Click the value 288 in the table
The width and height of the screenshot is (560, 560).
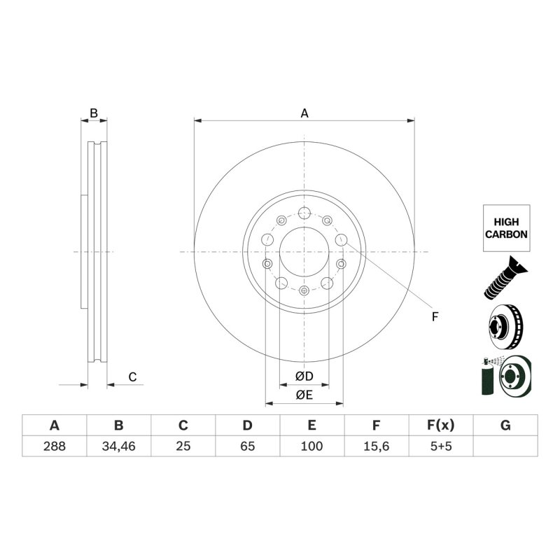[54, 446]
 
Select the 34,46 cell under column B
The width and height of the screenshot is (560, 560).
[118, 446]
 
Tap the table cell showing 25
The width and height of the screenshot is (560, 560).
[183, 446]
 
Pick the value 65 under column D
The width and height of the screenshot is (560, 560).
[247, 446]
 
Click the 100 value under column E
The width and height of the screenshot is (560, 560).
[311, 446]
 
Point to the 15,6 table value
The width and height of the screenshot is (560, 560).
[376, 446]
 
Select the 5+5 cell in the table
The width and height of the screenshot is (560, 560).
[441, 446]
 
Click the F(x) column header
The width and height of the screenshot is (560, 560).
[441, 426]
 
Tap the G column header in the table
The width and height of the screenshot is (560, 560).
[505, 426]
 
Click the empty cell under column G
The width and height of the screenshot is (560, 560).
[505, 446]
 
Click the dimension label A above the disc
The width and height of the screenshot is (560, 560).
[304, 113]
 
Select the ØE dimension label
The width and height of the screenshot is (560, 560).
[304, 395]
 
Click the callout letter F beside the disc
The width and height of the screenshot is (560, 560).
[434, 317]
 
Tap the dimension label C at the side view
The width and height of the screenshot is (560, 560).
[132, 377]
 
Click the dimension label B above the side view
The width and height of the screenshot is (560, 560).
[93, 112]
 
